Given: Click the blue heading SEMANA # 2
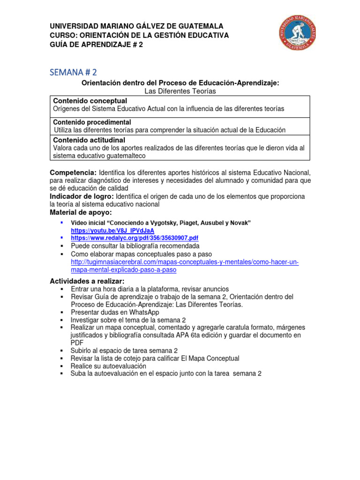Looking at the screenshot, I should pyautogui.click(x=74, y=72).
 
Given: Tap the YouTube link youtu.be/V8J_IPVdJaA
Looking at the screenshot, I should pyautogui.click(x=112, y=231).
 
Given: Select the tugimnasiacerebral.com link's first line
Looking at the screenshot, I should pyautogui.click(x=185, y=262).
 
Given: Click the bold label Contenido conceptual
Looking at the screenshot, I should pyautogui.click(x=90, y=101).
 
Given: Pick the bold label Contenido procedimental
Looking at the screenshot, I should pyautogui.click(x=92, y=122).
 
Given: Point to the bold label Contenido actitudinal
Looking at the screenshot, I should pyautogui.click(x=89, y=140).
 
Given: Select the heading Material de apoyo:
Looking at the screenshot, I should pyautogui.click(x=81, y=212).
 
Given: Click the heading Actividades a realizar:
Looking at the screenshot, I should pyautogui.click(x=87, y=281).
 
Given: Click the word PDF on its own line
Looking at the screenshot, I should pyautogui.click(x=77, y=343).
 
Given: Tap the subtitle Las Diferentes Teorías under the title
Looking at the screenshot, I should pyautogui.click(x=180, y=91).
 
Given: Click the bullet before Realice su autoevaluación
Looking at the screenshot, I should pyautogui.click(x=62, y=366).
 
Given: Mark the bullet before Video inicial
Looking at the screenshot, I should pyautogui.click(x=62, y=222).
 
